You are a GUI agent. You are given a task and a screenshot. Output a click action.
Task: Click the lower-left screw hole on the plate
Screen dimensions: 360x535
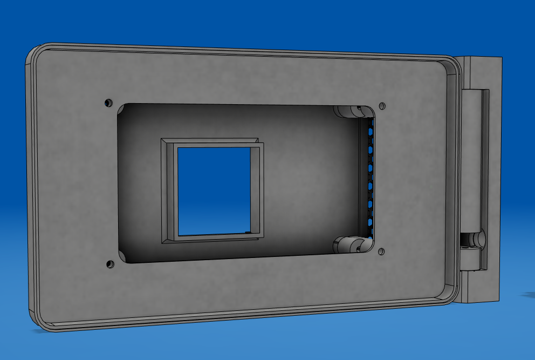pos(110,264)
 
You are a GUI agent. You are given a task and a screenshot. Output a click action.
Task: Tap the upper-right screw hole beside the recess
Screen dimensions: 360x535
pos(382,105)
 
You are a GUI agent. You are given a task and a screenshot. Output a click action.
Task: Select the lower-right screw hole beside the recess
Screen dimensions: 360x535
pos(381,251)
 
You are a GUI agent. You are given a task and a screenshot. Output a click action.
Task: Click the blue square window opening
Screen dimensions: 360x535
pos(214,190)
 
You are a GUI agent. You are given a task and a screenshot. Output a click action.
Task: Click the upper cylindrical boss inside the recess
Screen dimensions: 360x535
pos(349,112)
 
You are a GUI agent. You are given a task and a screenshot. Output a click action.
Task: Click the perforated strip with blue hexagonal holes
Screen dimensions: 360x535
pos(370,178)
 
